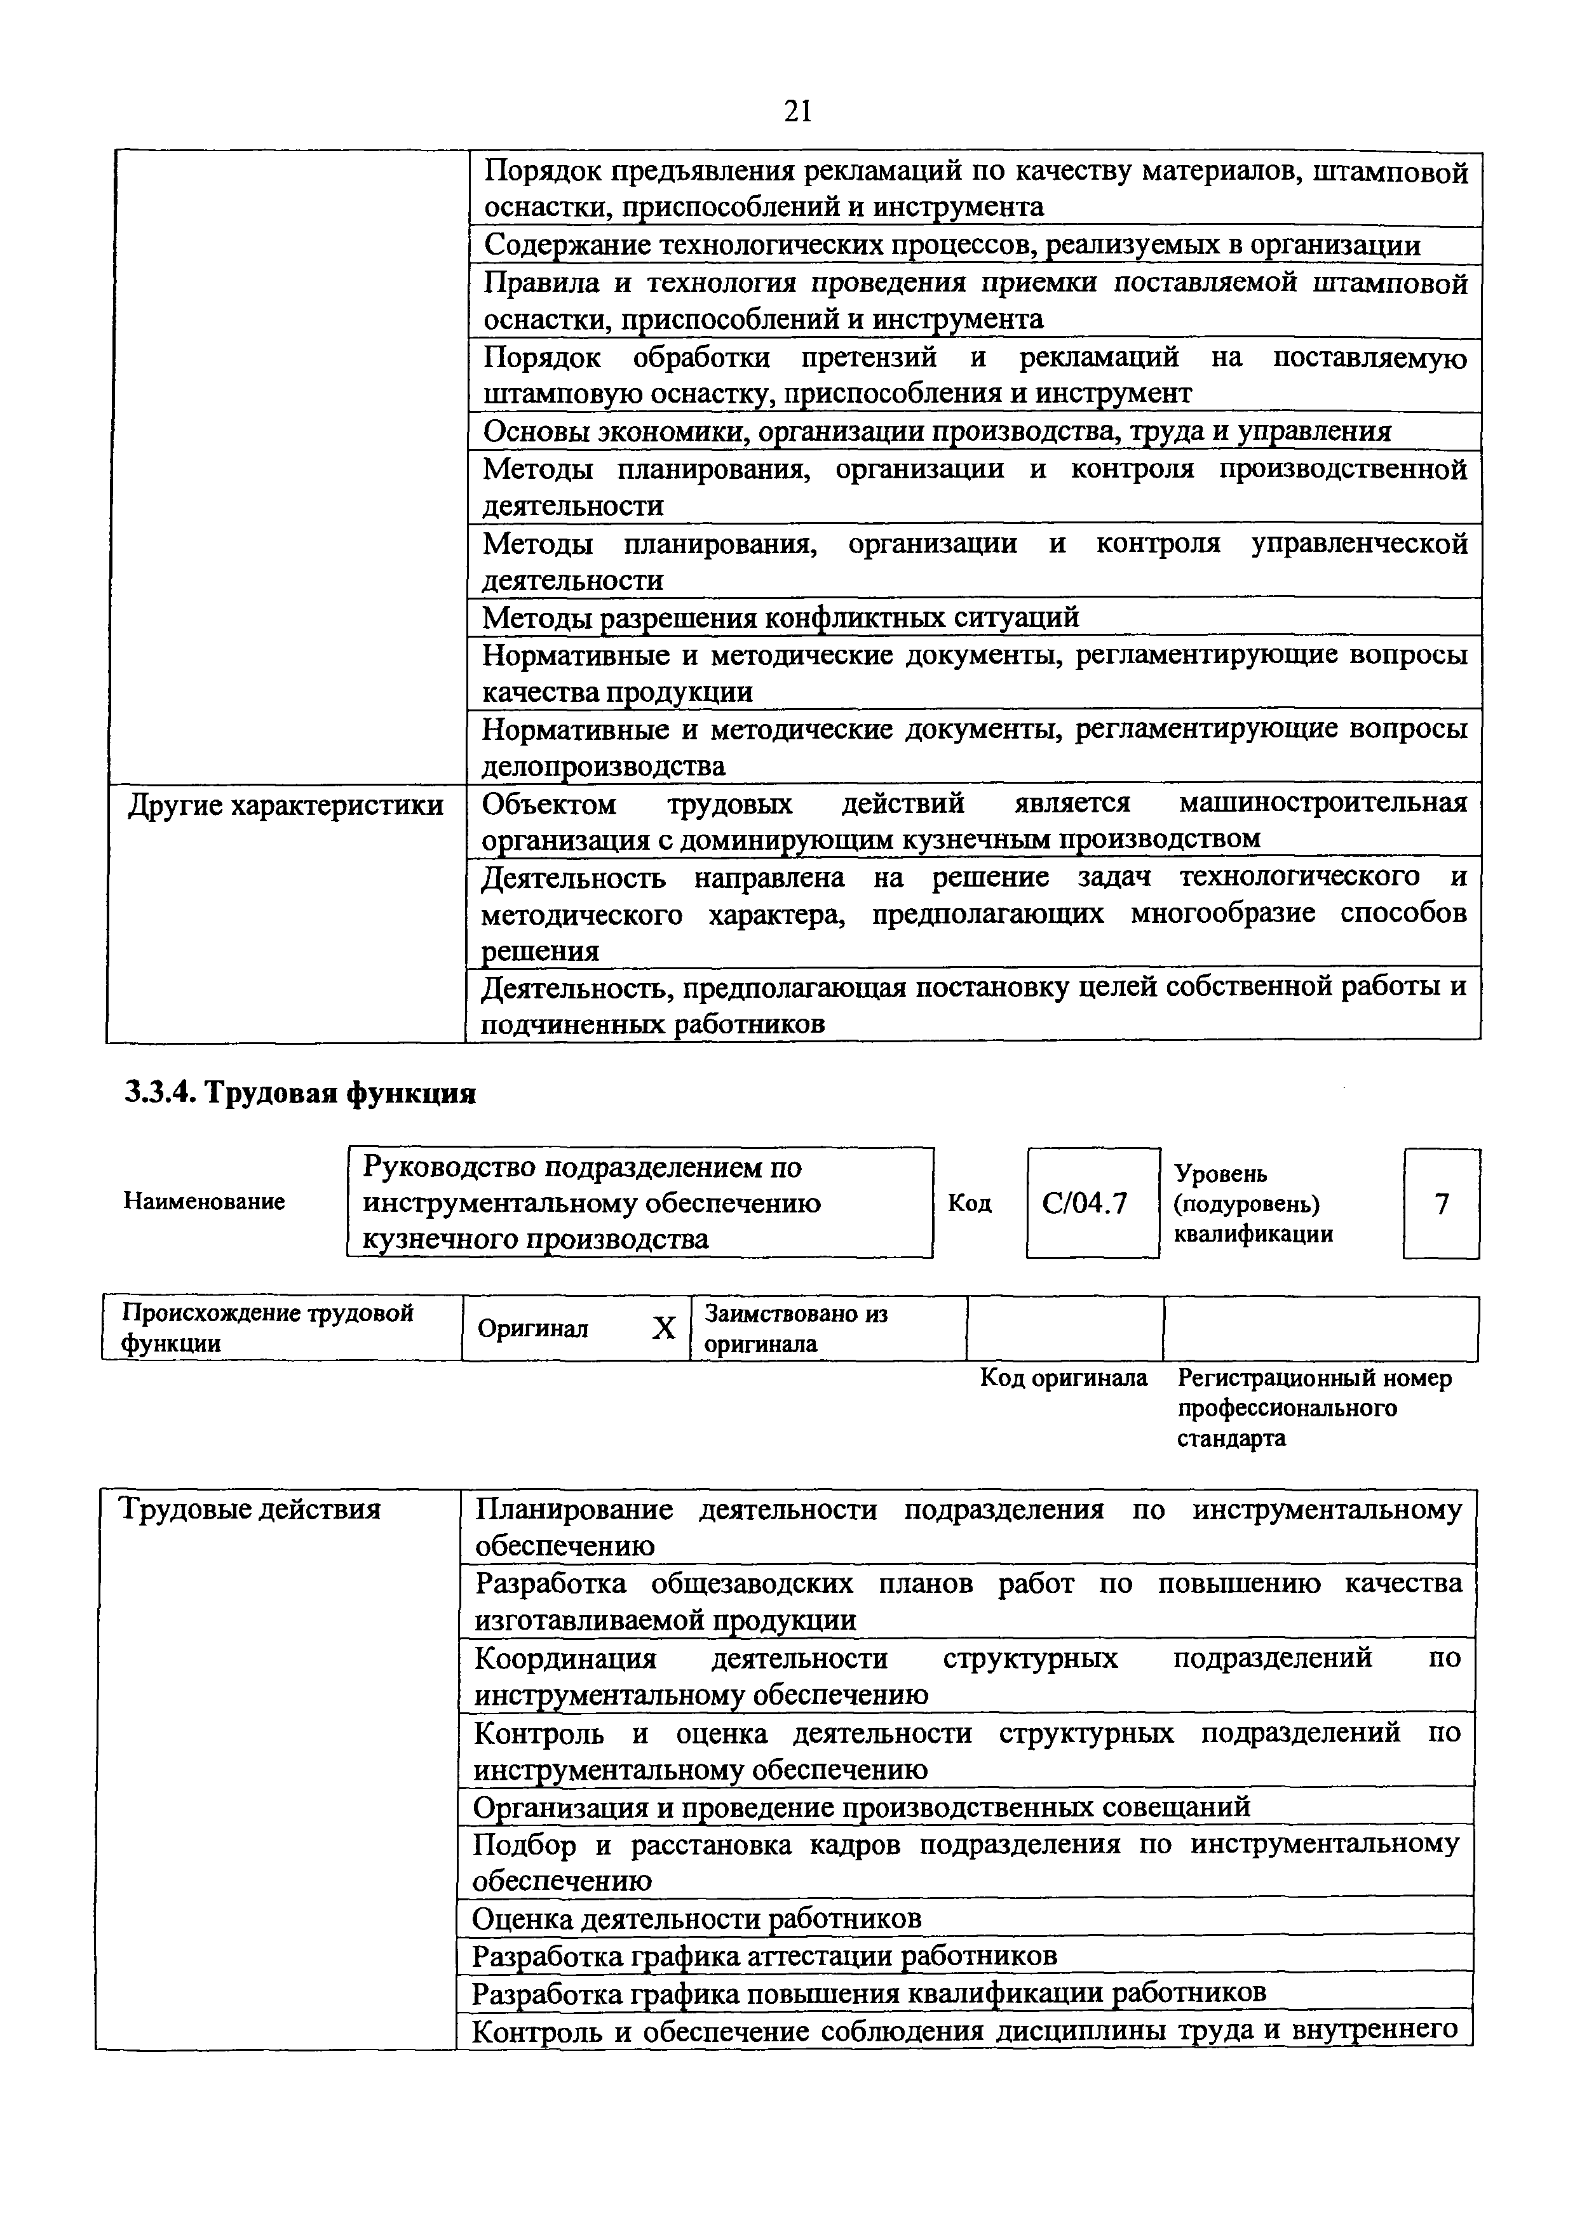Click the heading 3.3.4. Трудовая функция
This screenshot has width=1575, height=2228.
(x=300, y=1094)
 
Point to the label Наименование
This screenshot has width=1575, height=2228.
(x=204, y=1202)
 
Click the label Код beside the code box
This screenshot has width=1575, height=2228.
(x=970, y=1204)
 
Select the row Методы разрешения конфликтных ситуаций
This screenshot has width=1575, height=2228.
(x=781, y=617)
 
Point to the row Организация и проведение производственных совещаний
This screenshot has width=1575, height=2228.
(x=861, y=1807)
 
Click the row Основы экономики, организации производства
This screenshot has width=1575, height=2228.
(x=936, y=431)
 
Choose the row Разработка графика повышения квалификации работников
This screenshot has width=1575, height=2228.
(x=869, y=1992)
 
